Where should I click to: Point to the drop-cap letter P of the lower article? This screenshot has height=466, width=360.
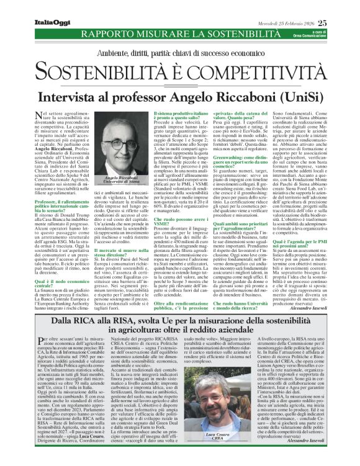click(41, 341)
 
